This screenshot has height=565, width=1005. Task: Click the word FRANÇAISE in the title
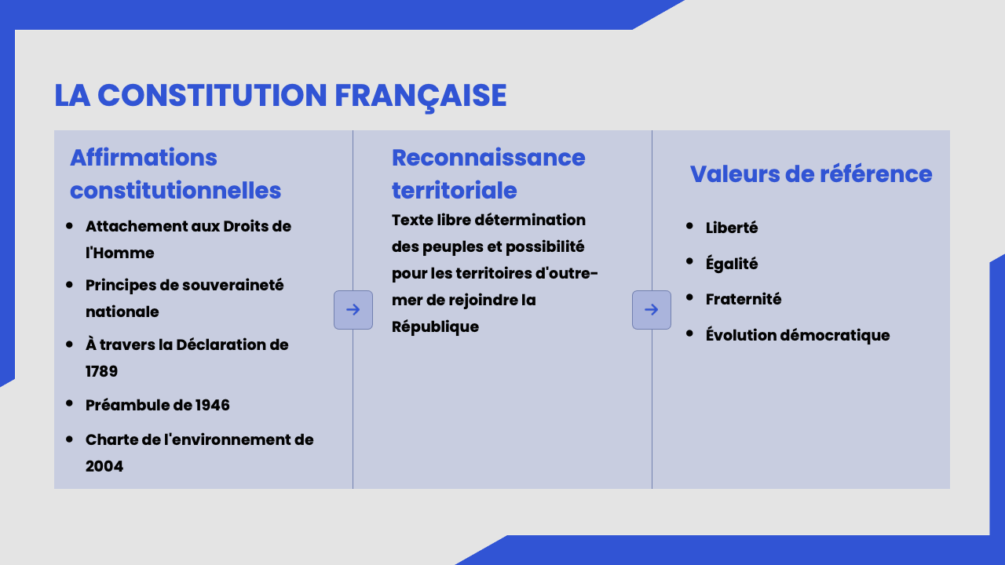tap(421, 96)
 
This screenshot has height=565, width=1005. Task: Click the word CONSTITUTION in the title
tap(212, 95)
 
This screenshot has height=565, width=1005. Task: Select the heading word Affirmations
tap(144, 158)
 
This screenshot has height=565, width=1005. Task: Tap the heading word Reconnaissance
tap(488, 158)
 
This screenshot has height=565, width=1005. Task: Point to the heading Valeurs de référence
tap(811, 174)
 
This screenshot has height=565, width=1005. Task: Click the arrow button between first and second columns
tap(353, 310)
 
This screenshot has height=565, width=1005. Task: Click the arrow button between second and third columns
tap(652, 310)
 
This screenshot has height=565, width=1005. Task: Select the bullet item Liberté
tap(732, 228)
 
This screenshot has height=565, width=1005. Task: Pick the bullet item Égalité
tap(732, 263)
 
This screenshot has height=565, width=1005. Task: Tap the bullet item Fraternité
tap(744, 299)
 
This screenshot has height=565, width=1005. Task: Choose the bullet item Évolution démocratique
tap(798, 335)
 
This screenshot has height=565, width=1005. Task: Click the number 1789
tap(101, 371)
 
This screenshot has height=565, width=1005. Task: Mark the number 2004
tap(104, 466)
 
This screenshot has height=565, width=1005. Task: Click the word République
tap(435, 327)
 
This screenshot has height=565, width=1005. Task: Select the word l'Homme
tap(120, 253)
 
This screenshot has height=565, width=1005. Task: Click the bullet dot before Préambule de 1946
tap(69, 403)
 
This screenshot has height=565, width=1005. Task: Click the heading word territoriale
tap(455, 191)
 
